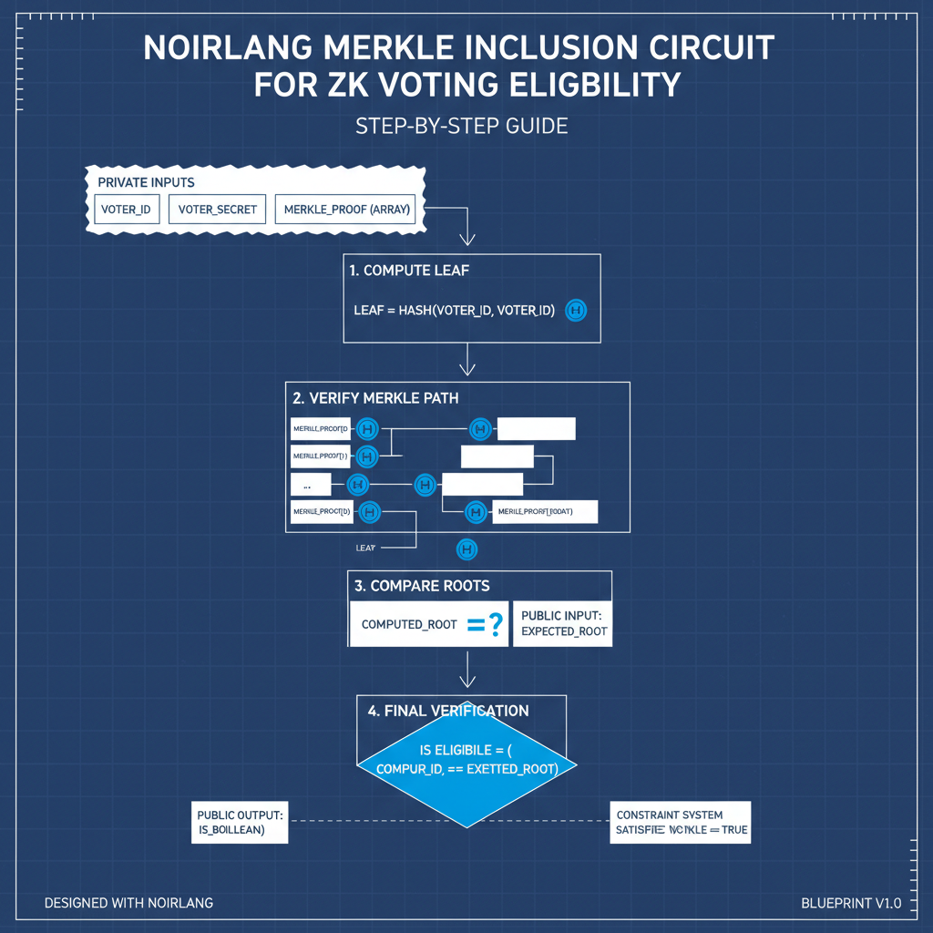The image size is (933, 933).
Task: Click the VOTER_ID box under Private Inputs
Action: pyautogui.click(x=126, y=210)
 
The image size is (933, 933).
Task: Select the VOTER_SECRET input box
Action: pyautogui.click(x=218, y=210)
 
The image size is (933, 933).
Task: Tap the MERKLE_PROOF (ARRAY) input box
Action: pyautogui.click(x=347, y=210)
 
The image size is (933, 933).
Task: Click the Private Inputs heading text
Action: pyautogui.click(x=146, y=182)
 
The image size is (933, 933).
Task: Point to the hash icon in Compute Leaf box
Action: pyautogui.click(x=576, y=311)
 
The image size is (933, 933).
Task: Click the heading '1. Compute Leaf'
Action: pyautogui.click(x=409, y=271)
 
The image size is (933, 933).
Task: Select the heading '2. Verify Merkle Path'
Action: pyautogui.click(x=375, y=398)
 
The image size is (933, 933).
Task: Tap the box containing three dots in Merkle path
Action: pyautogui.click(x=310, y=485)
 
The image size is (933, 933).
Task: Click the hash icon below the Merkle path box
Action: pyautogui.click(x=466, y=549)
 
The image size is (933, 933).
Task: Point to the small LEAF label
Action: pyautogui.click(x=365, y=549)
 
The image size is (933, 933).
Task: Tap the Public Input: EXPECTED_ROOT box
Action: pyautogui.click(x=562, y=624)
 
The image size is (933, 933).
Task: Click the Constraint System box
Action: pyautogui.click(x=680, y=822)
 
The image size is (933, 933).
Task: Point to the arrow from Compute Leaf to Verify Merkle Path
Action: pyautogui.click(x=467, y=359)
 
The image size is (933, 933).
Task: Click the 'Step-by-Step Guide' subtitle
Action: pyautogui.click(x=461, y=126)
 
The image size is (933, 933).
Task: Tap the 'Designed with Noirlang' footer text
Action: pyautogui.click(x=128, y=903)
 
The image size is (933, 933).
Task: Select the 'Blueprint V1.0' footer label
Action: pyautogui.click(x=850, y=903)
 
